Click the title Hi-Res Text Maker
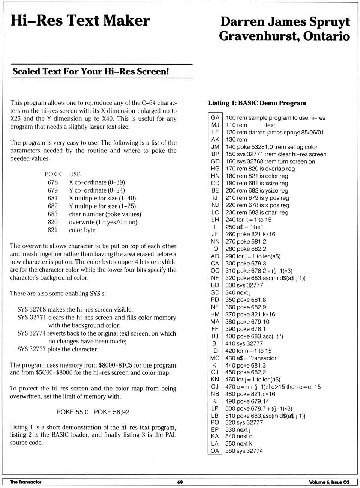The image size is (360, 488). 80,20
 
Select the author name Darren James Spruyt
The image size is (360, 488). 285,22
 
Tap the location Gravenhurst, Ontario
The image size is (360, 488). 284,36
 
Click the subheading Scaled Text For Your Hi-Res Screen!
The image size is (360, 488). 91,71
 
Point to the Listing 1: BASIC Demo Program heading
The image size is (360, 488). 257,103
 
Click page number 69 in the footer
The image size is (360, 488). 180,482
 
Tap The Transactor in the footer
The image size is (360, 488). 25,482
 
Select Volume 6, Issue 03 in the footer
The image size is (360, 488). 329,482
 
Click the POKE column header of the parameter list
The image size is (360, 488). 53,174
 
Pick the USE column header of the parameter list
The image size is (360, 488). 75,174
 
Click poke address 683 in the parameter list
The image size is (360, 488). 53,214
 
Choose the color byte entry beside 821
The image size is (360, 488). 82,230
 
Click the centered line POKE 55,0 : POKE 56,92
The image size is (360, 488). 93,412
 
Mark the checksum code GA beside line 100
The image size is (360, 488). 215,117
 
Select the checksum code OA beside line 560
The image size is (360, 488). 215,450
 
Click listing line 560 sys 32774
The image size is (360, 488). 244,450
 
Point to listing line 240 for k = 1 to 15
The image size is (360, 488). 248,220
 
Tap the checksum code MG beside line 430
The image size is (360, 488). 215,358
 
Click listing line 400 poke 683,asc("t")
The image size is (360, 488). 254,336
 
